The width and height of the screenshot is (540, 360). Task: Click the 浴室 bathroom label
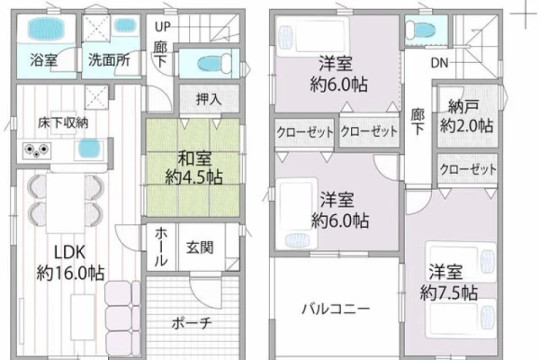44,60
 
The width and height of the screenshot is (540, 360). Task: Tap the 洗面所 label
109,60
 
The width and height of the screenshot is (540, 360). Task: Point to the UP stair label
162,27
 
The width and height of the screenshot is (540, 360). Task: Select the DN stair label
439,63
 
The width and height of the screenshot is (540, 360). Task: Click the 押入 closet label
209,99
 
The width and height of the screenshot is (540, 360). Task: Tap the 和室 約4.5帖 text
193,167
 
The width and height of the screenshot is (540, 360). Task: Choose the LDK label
70,253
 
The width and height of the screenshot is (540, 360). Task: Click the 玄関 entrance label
200,247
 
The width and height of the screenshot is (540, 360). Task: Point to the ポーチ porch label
192,323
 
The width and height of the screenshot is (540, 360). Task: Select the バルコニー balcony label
336,309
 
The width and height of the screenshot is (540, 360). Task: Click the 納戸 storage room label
463,107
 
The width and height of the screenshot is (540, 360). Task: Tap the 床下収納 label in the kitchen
63,123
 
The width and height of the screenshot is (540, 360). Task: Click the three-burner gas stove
37,150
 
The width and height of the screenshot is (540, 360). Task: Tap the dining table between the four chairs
66,202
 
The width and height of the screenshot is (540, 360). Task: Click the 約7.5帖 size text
449,293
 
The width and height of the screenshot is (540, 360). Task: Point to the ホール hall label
161,247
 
